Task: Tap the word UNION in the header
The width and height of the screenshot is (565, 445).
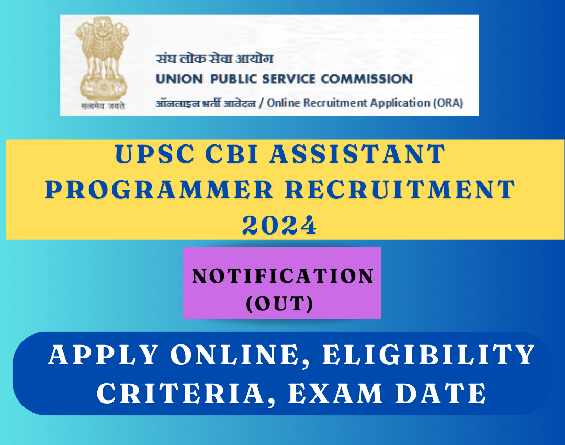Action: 179,79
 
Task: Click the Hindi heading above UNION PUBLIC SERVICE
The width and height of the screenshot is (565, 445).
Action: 214,59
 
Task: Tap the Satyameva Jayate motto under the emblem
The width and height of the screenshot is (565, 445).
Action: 103,106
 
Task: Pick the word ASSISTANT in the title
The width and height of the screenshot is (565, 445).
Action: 357,154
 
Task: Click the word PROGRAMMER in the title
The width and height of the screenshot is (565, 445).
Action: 159,190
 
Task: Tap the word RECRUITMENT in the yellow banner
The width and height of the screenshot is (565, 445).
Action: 400,190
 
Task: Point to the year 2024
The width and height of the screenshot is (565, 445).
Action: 279,226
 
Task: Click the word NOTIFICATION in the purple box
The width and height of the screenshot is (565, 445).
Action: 283,276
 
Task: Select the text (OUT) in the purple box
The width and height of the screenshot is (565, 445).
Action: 279,304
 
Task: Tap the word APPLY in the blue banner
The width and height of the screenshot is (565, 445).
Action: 104,355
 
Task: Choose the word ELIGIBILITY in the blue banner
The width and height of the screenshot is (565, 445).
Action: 429,355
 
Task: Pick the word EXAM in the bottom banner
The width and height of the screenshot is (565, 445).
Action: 335,393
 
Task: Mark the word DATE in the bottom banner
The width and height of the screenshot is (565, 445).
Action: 441,393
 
